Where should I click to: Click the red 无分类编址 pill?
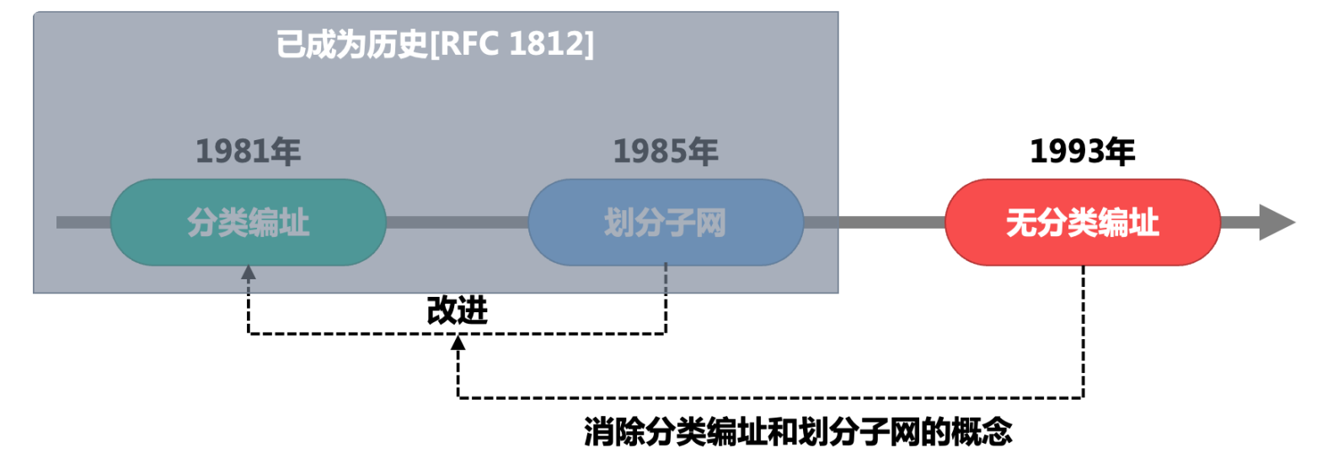point(1082,223)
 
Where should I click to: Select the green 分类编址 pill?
point(248,223)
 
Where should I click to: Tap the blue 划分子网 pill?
point(665,223)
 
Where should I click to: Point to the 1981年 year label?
point(248,152)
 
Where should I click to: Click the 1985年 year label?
point(665,152)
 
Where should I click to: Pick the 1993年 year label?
point(1082,152)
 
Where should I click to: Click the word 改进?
point(457,310)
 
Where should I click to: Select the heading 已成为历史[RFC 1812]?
point(435,44)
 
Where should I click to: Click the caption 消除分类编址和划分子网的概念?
point(797,432)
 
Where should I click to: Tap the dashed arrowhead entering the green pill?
point(248,273)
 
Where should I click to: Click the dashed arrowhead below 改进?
point(458,343)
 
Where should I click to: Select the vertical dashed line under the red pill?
point(1083,329)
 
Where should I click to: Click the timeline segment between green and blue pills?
point(457,222)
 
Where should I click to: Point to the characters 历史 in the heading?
point(401,44)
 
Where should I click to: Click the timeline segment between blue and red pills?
point(874,222)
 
